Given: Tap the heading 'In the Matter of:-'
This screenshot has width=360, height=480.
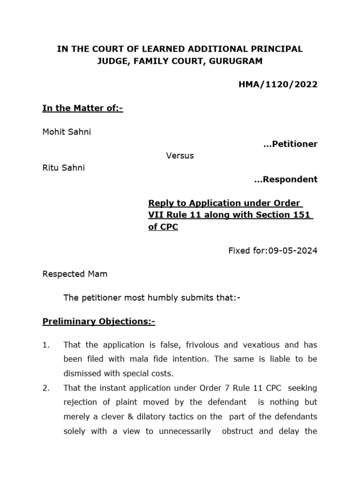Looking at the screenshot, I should pyautogui.click(x=82, y=108).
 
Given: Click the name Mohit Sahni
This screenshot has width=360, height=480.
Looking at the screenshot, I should pyautogui.click(x=67, y=132).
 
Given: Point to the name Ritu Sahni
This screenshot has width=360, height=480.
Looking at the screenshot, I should pyautogui.click(x=64, y=167).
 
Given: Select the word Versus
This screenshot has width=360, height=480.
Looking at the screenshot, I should pyautogui.click(x=180, y=156).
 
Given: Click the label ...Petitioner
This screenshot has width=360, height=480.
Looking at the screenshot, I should pyautogui.click(x=291, y=144).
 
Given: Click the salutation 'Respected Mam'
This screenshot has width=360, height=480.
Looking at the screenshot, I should pyautogui.click(x=75, y=274).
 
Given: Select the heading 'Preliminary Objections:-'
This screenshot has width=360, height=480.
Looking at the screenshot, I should pyautogui.click(x=98, y=321).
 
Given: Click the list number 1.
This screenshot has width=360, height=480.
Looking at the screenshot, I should pyautogui.click(x=45, y=345).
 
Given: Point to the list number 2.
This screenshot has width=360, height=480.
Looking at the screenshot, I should pyautogui.click(x=45, y=388).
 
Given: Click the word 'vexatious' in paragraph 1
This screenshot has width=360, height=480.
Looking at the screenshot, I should pyautogui.click(x=257, y=345).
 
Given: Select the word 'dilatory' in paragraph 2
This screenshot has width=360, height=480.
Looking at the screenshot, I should pyautogui.click(x=159, y=417).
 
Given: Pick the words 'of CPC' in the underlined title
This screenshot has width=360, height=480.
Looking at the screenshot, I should pyautogui.click(x=163, y=227).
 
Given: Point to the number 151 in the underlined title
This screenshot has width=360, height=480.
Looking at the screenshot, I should pyautogui.click(x=304, y=215).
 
